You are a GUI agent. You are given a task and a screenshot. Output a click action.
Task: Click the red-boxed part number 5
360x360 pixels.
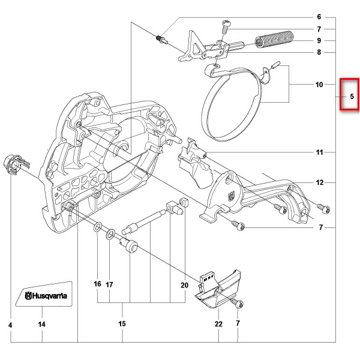352,96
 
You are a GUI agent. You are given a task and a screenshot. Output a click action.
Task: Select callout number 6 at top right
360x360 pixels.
319,17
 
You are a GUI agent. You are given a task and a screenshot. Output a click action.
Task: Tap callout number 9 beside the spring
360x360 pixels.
319,41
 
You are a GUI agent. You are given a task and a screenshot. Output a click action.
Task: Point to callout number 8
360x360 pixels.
319,53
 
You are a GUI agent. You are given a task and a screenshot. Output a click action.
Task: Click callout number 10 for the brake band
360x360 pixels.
319,85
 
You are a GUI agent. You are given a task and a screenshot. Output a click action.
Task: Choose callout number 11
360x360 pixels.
320,152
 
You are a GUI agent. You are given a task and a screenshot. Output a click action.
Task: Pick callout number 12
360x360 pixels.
320,182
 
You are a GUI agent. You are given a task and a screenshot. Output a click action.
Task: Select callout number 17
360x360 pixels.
109,286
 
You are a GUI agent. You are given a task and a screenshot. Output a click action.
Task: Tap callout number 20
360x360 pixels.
184,286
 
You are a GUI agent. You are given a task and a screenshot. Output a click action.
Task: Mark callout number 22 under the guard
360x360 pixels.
218,324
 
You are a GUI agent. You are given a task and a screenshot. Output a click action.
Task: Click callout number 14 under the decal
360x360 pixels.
42,324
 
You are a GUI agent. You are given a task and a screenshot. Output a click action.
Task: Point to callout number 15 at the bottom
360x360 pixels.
122,324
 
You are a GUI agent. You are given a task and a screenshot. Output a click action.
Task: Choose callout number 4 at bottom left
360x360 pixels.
11,324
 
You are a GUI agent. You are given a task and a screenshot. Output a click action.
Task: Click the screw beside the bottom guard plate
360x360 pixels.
239,304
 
